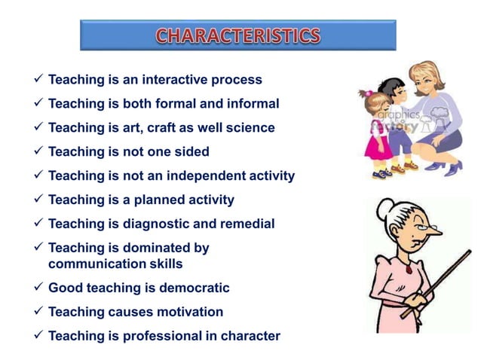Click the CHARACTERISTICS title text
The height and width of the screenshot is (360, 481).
[237, 36]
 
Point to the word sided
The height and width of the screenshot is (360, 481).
[192, 151]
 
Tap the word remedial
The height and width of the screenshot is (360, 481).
[248, 224]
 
